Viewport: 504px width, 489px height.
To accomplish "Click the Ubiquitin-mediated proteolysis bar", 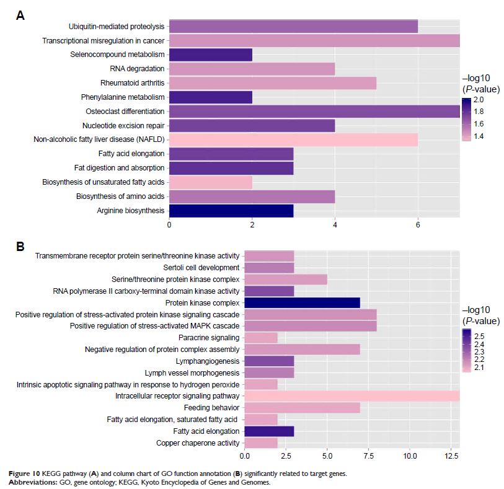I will [293, 26].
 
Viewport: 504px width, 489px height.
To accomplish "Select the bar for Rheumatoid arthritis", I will [272, 83].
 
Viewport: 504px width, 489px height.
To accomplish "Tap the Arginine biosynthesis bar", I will [231, 211].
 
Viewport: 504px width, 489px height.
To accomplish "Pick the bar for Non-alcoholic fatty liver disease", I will [293, 139].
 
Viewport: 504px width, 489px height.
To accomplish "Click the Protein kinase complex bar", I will [302, 302].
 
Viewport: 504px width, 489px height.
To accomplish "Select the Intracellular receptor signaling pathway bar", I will [351, 396].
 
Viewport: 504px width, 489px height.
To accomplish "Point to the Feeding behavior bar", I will [302, 408].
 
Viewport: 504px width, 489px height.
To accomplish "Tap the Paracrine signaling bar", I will [261, 338].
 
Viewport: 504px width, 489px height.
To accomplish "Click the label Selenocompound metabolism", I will [117, 55].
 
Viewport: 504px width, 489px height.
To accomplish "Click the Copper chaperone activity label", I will [198, 443].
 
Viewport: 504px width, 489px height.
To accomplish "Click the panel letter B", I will [20, 246].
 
